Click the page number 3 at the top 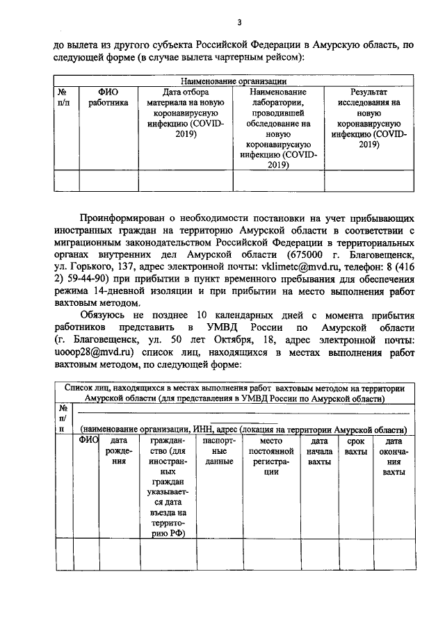click(x=238, y=22)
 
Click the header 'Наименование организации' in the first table click(x=234, y=81)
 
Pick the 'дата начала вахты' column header click(x=318, y=455)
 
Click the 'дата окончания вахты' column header click(x=394, y=456)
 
